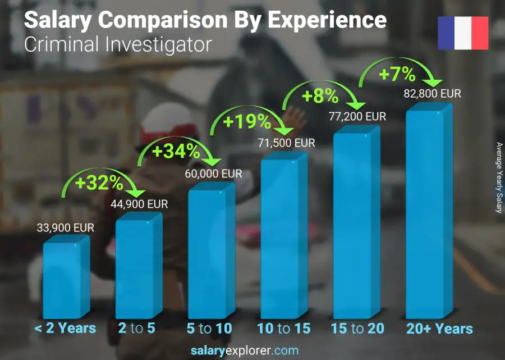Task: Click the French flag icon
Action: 463,33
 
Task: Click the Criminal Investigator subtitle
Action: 118,44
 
